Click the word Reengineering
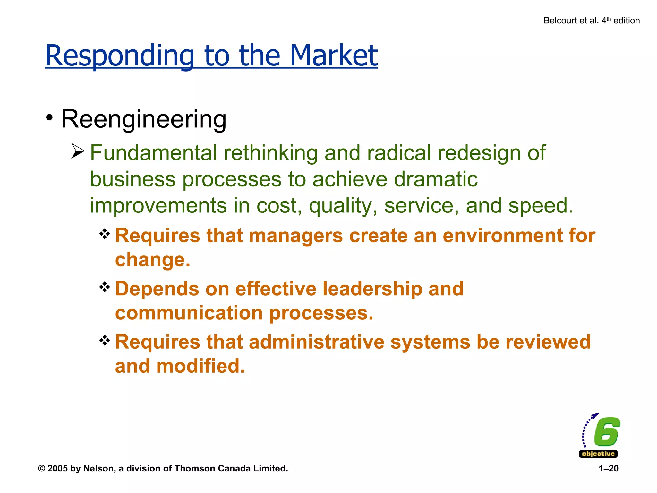click(x=144, y=119)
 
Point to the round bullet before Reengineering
click(x=49, y=118)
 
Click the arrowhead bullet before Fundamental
click(x=78, y=151)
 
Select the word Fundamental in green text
click(x=153, y=153)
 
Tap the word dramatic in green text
click(x=436, y=179)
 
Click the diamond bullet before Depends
click(x=105, y=287)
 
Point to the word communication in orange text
click(x=189, y=313)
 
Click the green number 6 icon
click(x=606, y=432)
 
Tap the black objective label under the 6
click(x=598, y=454)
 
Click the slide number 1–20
click(x=608, y=469)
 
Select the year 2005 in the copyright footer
click(x=57, y=469)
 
